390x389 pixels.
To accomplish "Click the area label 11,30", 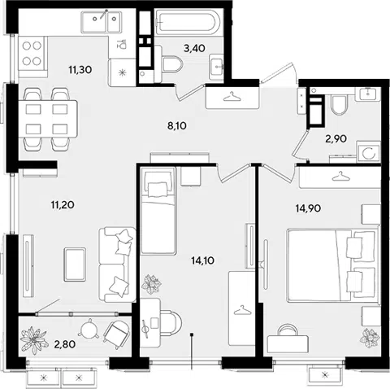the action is pos(80,70).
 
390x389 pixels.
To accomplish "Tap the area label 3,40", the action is pos(194,49).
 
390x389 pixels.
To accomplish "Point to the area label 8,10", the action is pos(177,126).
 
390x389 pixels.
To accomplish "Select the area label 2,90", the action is pos(336,139).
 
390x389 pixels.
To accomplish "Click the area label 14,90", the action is pos(308,208).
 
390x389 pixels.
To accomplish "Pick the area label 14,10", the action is pos(202,260).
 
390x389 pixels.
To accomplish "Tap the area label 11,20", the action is pos(63,205).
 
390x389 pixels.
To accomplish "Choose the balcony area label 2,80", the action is pos(65,344).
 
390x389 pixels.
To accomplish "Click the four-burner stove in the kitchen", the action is pos(32,54).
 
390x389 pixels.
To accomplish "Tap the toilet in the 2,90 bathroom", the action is pos(339,104).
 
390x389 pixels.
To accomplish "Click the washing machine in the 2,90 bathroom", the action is pos(368,152).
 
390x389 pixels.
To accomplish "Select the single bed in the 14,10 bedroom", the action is pos(158,211).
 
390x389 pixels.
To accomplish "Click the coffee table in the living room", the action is pos(75,264).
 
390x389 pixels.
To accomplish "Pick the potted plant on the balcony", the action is pos(33,340).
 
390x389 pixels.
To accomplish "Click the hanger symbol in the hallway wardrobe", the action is pos(232,97).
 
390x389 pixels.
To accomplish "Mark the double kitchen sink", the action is pos(101,22).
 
